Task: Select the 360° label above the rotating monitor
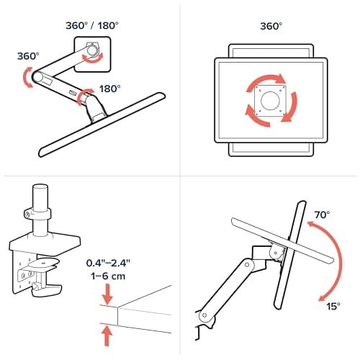[x=271, y=26]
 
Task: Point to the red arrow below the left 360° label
[x=27, y=78]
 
